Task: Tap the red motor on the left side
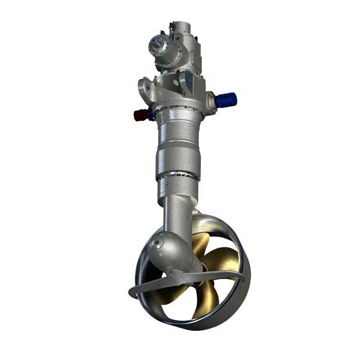140,115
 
